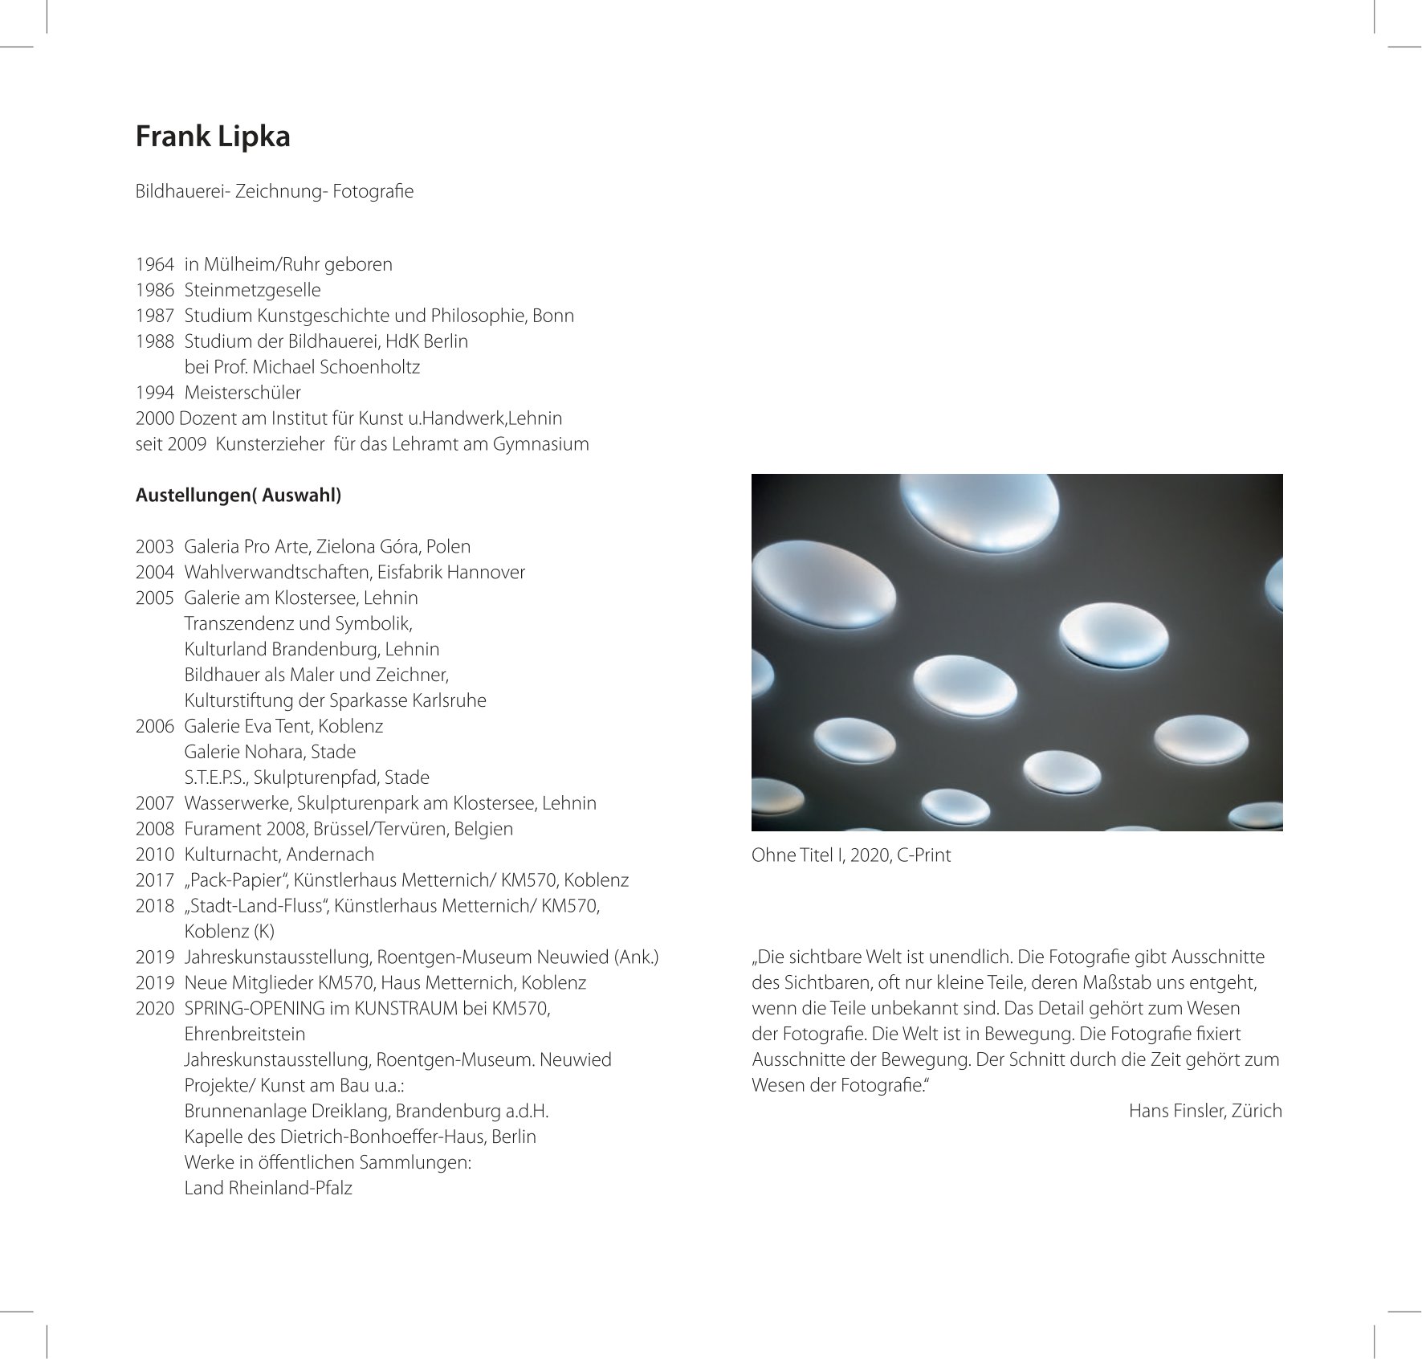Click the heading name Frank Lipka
(213, 137)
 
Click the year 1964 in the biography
(155, 264)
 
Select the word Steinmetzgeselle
(252, 290)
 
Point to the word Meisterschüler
(242, 393)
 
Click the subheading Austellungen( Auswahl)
(238, 496)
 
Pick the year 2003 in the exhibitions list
(155, 547)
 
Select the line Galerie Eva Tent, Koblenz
(283, 726)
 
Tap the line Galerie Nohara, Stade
(270, 752)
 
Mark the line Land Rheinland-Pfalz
(268, 1188)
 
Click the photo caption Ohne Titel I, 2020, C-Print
(850, 855)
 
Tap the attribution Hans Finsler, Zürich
(1204, 1111)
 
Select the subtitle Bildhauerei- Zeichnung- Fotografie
(275, 192)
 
